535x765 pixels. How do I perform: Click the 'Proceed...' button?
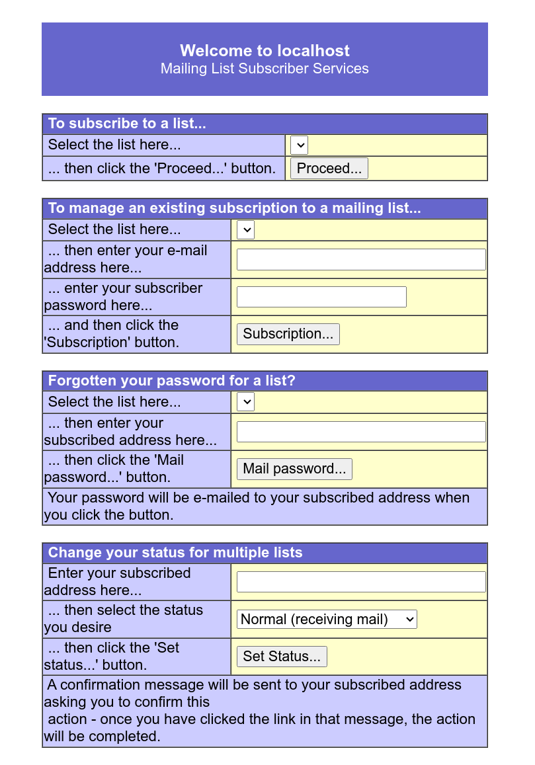(329, 169)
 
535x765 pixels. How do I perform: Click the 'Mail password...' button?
(294, 469)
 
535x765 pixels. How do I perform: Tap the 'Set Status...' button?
(282, 657)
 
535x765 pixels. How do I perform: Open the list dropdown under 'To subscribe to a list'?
(299, 145)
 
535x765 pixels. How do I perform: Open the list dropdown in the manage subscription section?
(245, 230)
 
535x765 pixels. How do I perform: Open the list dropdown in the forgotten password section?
(245, 402)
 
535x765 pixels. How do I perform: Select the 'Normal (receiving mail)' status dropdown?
(327, 620)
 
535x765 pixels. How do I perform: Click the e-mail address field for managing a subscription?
(361, 260)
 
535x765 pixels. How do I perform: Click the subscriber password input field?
(321, 297)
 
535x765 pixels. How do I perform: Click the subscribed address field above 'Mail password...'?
(361, 432)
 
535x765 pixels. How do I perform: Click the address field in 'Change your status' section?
(361, 582)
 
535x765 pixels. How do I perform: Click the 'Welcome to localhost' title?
(265, 51)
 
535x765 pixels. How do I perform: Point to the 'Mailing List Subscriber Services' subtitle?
(265, 69)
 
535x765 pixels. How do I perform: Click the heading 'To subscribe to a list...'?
(127, 124)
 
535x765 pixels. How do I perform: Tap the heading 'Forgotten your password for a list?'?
(171, 381)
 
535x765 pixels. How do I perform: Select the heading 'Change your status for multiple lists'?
(175, 553)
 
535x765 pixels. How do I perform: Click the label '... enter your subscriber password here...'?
(124, 297)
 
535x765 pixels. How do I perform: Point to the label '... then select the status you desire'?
(124, 619)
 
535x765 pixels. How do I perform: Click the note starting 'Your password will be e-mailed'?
(258, 506)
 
